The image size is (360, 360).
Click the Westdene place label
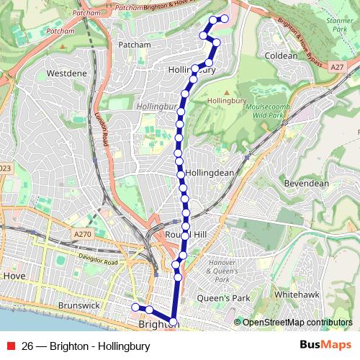[x=66, y=73]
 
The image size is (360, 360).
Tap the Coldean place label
[x=281, y=55]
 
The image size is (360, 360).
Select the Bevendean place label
[x=307, y=184]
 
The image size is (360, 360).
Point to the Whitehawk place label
[x=297, y=295]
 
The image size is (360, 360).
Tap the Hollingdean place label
[x=210, y=174]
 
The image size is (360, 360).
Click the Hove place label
[x=14, y=276]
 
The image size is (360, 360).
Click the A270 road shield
[x=84, y=234]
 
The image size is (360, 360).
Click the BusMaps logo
[x=325, y=346]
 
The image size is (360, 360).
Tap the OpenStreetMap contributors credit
[x=297, y=322]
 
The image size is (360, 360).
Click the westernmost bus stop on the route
[x=135, y=308]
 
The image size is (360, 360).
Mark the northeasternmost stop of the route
[x=225, y=18]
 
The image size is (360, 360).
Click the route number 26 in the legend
[x=28, y=346]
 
